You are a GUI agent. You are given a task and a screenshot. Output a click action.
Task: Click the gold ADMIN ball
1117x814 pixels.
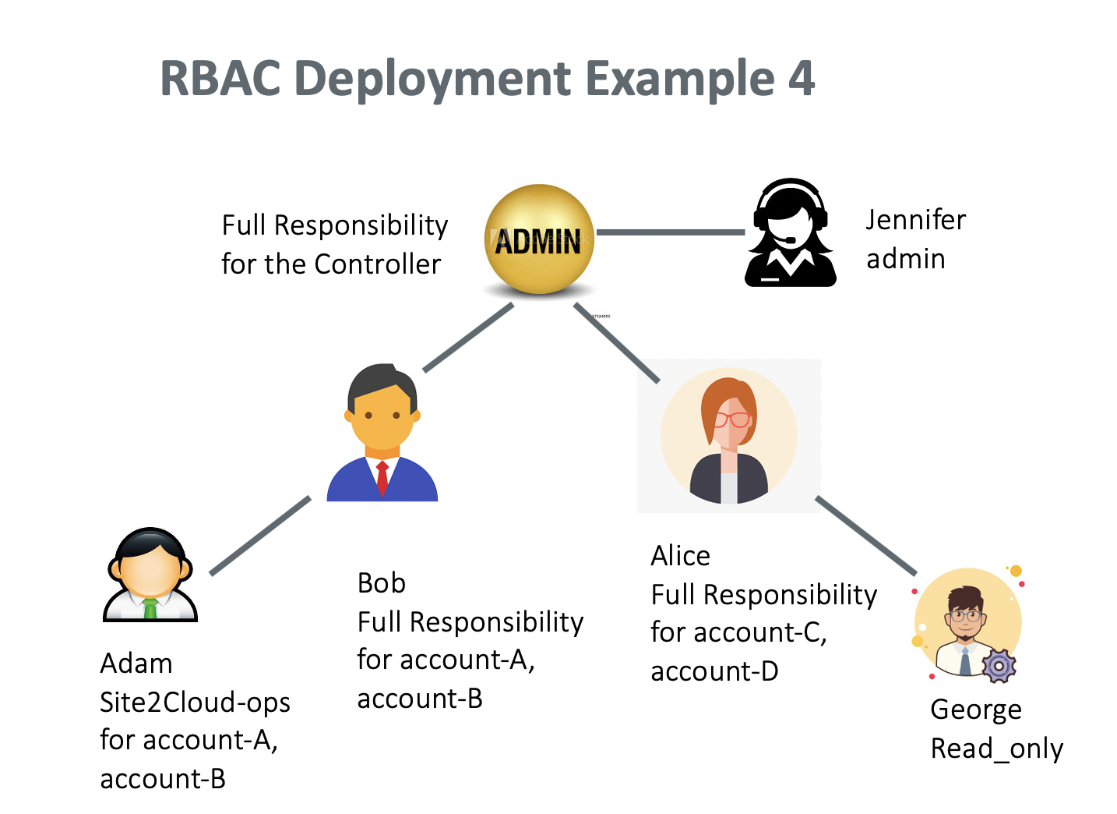click(539, 239)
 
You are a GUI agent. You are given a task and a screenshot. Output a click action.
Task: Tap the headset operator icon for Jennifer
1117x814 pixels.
click(790, 233)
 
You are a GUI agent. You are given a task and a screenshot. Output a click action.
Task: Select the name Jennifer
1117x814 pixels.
click(915, 220)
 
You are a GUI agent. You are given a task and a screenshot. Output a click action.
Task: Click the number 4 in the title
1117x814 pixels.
click(801, 79)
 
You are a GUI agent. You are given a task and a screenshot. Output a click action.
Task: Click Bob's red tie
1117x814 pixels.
click(382, 477)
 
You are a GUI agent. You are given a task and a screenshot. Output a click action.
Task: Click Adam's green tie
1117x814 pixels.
click(150, 607)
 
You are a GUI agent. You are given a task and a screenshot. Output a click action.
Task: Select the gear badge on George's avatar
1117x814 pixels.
click(998, 666)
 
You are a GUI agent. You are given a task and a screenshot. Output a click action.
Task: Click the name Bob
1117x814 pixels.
click(381, 583)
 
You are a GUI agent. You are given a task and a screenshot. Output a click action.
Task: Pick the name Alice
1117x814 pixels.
click(680, 556)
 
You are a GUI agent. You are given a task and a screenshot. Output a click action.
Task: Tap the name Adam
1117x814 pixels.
click(136, 664)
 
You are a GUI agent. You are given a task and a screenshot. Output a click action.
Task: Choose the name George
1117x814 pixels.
click(975, 710)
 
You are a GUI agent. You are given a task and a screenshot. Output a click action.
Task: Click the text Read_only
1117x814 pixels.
click(996, 749)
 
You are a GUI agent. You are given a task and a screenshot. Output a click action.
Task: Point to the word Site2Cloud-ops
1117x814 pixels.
click(195, 703)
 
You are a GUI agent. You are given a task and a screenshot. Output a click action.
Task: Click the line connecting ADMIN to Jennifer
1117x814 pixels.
click(670, 232)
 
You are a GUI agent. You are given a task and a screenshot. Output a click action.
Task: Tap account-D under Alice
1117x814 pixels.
click(714, 671)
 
